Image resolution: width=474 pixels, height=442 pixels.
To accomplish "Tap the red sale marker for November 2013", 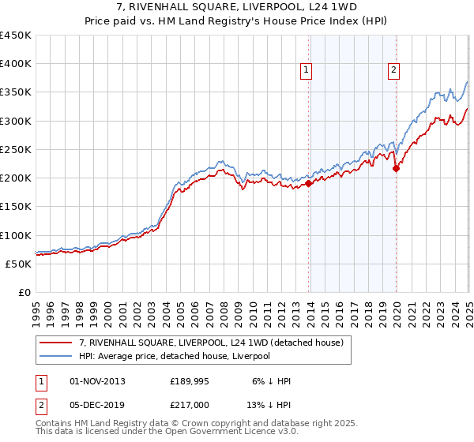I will coord(309,185).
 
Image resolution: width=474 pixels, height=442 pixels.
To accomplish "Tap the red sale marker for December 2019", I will coord(397,168).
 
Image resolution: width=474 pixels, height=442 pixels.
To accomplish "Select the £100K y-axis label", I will coord(16,235).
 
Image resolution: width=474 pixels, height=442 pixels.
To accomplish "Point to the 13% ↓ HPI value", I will coord(270,403).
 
